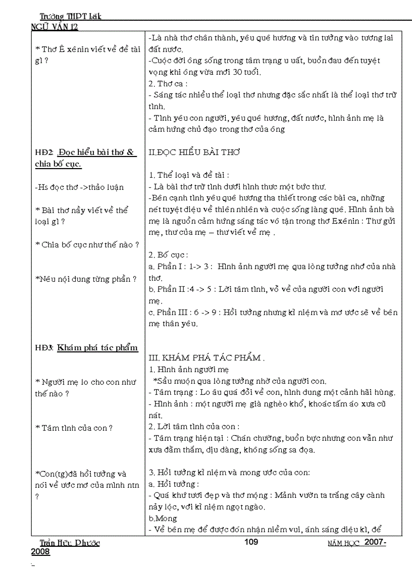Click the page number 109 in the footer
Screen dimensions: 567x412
(x=251, y=542)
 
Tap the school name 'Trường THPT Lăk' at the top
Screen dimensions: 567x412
(x=71, y=16)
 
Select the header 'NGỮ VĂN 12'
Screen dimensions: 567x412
(x=55, y=27)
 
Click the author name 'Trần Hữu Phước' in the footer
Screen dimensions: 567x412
(x=70, y=543)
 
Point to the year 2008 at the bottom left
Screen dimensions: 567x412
(x=40, y=552)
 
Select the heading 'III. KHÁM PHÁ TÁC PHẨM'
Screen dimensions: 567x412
(x=207, y=357)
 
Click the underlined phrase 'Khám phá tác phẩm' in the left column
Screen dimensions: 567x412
(x=97, y=347)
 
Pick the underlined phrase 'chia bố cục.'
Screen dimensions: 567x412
(x=59, y=164)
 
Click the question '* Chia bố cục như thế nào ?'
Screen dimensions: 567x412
(x=87, y=244)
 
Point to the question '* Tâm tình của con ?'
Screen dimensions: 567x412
(x=74, y=428)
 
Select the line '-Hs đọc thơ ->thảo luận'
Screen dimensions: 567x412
(x=79, y=187)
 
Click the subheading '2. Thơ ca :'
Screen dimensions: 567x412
(x=168, y=83)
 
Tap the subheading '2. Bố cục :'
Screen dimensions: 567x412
(x=169, y=255)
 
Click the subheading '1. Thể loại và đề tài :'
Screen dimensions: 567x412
(x=189, y=175)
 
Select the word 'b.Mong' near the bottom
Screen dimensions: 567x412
(x=163, y=518)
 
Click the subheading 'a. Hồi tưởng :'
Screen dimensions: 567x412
(x=174, y=484)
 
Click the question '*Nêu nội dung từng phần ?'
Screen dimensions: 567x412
(x=86, y=279)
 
